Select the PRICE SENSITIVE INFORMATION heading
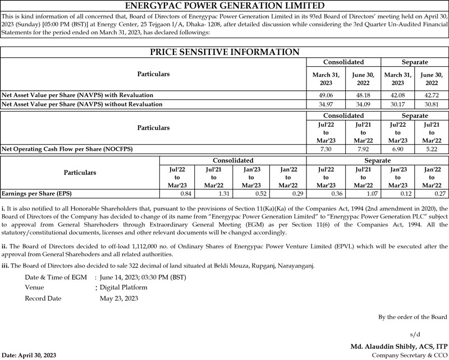coord(224,52)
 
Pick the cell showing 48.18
coord(358,95)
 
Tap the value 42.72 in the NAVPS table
coord(431,95)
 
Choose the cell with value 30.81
coord(431,104)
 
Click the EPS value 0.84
coord(180,193)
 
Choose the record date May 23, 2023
coord(119,298)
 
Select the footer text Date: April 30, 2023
coord(29,356)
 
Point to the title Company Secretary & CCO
coord(410,356)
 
